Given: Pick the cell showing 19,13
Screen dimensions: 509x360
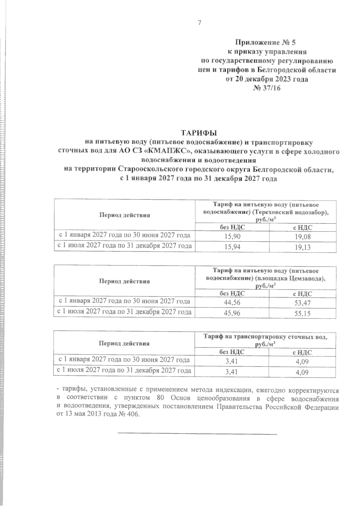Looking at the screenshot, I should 302,247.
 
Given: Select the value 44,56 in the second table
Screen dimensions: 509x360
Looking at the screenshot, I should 232,303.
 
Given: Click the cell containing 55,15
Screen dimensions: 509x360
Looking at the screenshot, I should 302,314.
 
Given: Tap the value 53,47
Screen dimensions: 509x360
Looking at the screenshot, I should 302,303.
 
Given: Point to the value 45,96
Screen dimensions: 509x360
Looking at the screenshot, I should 232,314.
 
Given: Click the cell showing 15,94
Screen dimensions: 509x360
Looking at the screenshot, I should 232,247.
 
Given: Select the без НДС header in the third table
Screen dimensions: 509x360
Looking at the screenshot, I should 232,352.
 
